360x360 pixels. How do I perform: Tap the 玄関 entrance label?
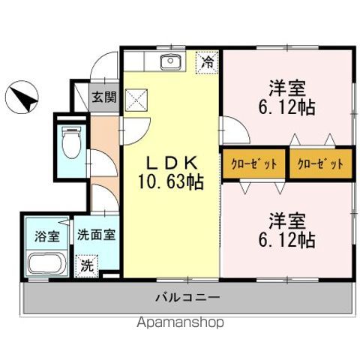pos(103,96)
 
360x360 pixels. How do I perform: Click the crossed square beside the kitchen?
pos(136,98)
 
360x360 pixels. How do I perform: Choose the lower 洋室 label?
pos(286,222)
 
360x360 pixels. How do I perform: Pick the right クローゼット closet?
pos(321,163)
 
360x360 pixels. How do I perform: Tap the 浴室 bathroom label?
pos(46,236)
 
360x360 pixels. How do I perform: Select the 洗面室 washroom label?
pos(96,234)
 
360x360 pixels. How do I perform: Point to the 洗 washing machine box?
pos(88,264)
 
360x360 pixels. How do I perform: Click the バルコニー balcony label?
pos(187,298)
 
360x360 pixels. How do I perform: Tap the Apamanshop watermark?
pos(180,323)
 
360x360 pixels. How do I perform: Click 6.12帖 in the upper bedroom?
pos(286,106)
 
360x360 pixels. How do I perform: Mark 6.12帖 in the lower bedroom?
pos(286,241)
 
